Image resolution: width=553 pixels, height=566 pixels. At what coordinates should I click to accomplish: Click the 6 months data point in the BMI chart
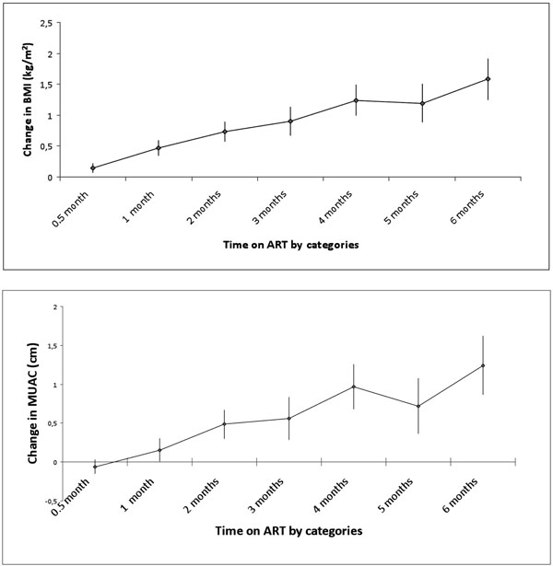(x=488, y=79)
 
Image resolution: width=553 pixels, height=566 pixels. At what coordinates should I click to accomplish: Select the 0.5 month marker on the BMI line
(x=93, y=167)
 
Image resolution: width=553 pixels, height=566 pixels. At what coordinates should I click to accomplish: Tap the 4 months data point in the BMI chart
(x=356, y=100)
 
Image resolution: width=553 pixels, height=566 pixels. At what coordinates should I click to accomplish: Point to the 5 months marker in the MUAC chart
(x=418, y=406)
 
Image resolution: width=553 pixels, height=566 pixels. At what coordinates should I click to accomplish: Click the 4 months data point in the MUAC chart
(x=354, y=387)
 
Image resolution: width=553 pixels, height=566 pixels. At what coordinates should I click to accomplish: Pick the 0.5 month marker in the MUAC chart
(x=95, y=467)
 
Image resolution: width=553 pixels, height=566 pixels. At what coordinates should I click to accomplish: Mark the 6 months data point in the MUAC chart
(x=483, y=365)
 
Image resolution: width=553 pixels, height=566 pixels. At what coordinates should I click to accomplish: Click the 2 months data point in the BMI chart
(x=225, y=132)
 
